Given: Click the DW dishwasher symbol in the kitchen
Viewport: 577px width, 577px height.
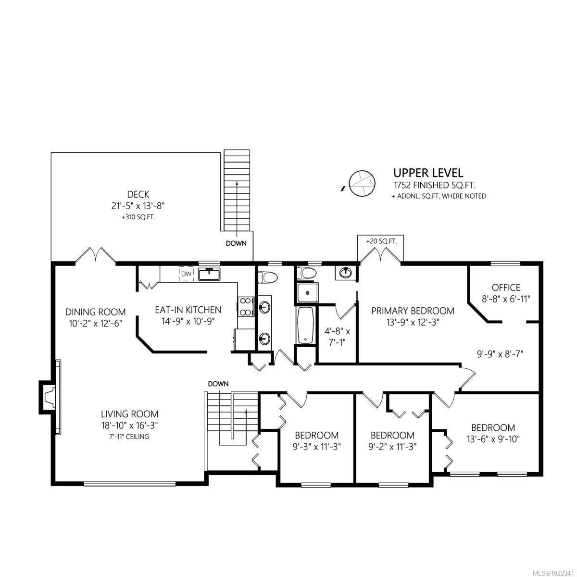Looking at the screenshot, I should pos(186,275).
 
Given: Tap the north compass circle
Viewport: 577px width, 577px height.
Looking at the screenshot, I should pos(360,183).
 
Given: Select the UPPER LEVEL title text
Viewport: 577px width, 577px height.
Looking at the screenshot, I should pos(428,173).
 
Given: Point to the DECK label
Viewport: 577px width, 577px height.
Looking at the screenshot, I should pos(138,194).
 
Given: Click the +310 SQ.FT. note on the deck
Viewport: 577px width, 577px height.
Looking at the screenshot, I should pos(138,217).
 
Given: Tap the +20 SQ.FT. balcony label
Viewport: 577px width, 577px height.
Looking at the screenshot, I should pos(381,241).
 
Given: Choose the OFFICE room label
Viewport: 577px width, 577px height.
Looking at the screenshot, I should pos(506,288).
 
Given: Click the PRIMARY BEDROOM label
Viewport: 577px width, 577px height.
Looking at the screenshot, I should pos(413,311).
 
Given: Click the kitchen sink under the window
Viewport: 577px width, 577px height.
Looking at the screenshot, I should pos(209,275).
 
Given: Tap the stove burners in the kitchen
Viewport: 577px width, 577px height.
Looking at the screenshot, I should pos(246,307).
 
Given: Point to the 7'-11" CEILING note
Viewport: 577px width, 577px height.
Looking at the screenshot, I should pos(129,437).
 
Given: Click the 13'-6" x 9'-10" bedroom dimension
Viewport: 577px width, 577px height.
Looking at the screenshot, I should pos(493,439).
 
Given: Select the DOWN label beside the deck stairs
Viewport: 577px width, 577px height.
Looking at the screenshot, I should pos(236,243).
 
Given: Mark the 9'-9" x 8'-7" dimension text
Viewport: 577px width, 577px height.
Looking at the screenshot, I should pos(500,353).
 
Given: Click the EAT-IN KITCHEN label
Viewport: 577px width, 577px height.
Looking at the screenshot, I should pos(188,310).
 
